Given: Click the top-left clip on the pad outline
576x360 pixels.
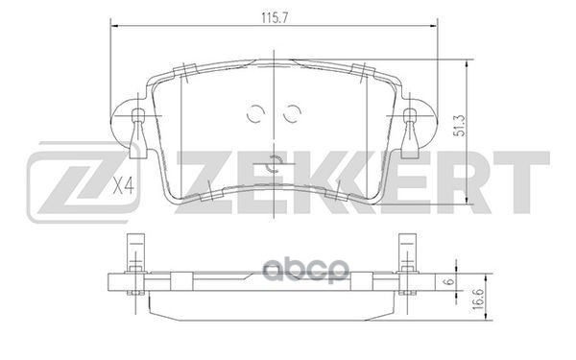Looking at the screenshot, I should click(x=180, y=71).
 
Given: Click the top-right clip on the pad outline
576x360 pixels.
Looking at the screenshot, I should click(x=367, y=71).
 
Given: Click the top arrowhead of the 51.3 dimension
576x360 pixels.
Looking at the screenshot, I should click(x=467, y=63).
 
